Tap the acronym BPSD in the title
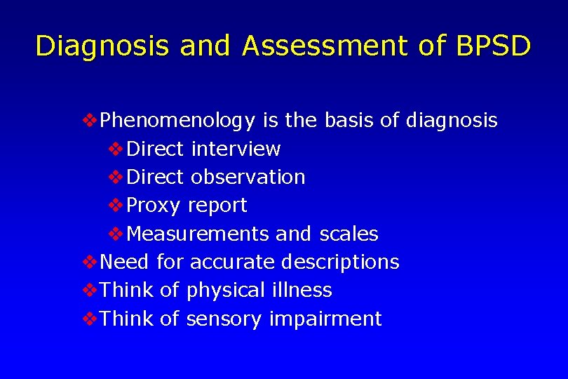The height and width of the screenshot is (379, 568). (x=494, y=46)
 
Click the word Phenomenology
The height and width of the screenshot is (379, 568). (x=178, y=121)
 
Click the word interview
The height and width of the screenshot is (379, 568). (x=236, y=149)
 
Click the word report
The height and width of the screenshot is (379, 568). (x=217, y=206)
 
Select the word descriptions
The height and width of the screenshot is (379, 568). (x=340, y=262)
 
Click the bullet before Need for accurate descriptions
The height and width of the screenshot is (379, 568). (x=90, y=262)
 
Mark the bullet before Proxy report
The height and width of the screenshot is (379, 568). (x=118, y=206)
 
